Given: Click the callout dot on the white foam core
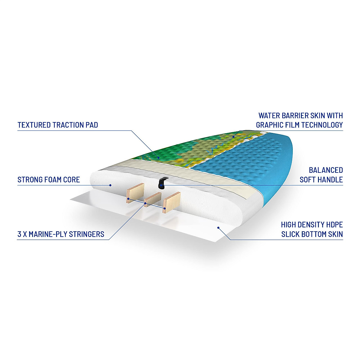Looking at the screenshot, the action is coord(110,185).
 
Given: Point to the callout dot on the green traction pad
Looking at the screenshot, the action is coord(158,157).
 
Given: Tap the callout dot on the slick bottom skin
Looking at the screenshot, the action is coord(218,227).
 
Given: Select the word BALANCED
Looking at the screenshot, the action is coord(326,170).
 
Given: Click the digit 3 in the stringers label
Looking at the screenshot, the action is coord(19,234).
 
